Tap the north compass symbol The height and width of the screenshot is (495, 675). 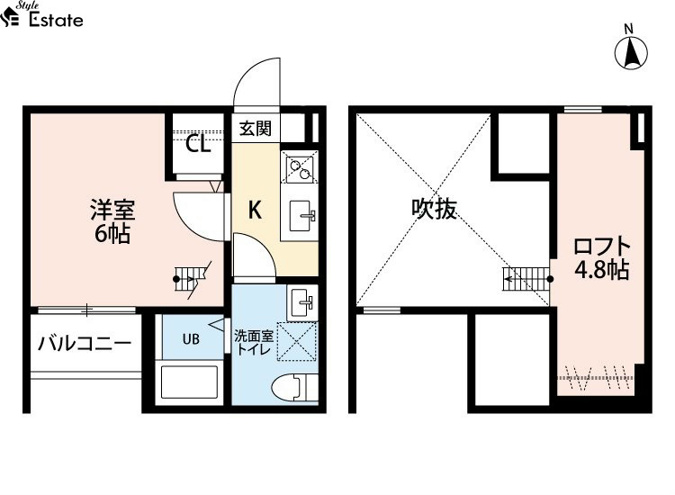point(632,52)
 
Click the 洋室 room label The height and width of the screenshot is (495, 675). point(112,211)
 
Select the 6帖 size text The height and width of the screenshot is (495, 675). point(112,235)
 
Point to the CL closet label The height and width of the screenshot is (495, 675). point(198,144)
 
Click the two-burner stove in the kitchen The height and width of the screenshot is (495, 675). point(299,167)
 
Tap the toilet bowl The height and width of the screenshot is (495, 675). point(289,388)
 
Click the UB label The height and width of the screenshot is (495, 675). point(191,339)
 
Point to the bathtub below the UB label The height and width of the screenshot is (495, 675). point(190,382)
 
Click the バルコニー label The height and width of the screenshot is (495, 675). point(85,343)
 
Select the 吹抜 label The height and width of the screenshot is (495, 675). point(435,210)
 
